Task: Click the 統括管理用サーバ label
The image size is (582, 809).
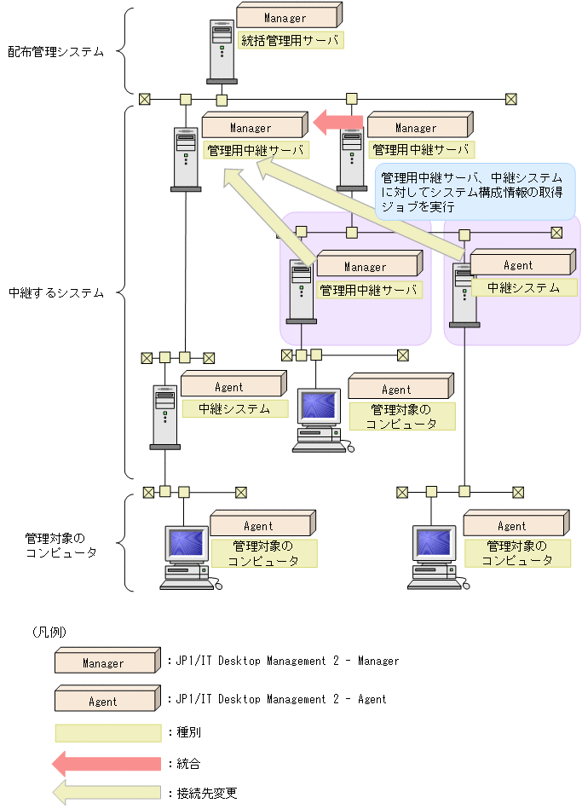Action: [290, 40]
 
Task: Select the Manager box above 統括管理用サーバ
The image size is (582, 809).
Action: [287, 16]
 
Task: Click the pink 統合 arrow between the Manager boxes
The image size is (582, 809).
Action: [337, 123]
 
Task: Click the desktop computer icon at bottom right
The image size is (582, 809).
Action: [437, 558]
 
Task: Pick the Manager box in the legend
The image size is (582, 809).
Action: [106, 662]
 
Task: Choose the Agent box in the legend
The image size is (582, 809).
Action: [106, 701]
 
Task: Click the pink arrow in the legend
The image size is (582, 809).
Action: [106, 763]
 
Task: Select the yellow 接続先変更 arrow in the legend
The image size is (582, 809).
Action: [106, 793]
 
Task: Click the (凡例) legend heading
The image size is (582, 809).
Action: [49, 632]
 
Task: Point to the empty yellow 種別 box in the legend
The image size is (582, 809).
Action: [107, 732]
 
